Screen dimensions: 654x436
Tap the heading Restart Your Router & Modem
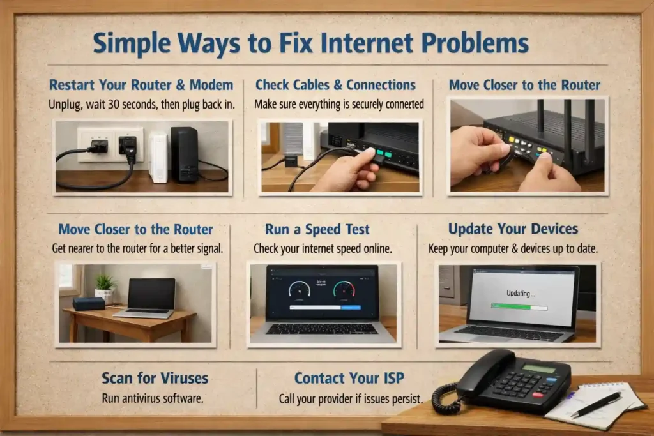coord(141,85)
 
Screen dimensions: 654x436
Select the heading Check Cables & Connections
coord(335,85)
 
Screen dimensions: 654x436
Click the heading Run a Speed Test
coord(317,229)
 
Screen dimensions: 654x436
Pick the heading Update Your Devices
coord(513,229)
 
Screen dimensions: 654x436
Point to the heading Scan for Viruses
coord(155,378)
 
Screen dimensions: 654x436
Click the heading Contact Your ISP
coord(349,378)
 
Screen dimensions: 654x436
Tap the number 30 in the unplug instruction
coord(114,104)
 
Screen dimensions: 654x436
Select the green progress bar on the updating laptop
coord(511,307)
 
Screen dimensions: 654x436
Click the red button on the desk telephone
coord(538,395)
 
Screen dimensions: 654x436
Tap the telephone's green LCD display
coord(540,369)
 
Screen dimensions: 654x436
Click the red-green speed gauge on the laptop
coord(344,289)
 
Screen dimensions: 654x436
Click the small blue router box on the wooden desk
coord(89,303)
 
